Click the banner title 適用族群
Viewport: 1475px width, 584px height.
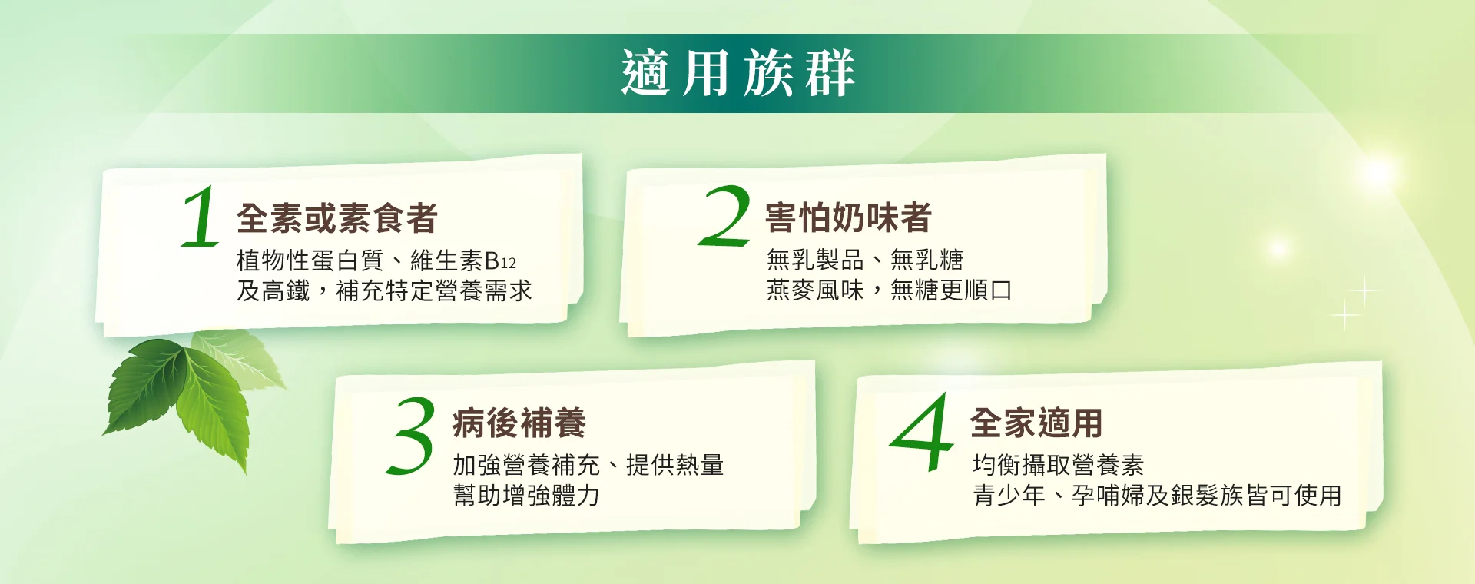[737, 74]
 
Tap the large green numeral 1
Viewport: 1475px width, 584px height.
[201, 217]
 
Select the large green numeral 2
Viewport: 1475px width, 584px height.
[724, 216]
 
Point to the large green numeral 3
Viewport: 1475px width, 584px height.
[411, 435]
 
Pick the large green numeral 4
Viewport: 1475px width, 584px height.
[922, 432]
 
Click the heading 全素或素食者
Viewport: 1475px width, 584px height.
[337, 218]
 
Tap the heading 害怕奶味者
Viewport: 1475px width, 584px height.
[848, 218]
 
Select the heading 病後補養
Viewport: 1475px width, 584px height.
[519, 423]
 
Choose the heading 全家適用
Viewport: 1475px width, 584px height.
[1036, 423]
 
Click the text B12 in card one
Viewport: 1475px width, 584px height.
[500, 261]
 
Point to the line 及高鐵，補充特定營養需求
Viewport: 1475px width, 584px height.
[384, 291]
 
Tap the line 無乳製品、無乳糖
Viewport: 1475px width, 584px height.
[865, 260]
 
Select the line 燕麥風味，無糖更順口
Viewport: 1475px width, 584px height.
[890, 290]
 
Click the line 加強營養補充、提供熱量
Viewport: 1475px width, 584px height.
[588, 465]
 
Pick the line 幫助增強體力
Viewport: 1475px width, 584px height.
[526, 496]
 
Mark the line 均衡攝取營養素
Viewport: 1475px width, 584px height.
[1059, 465]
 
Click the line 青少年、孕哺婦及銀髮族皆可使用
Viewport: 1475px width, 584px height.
[1157, 496]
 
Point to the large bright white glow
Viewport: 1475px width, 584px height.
[1377, 173]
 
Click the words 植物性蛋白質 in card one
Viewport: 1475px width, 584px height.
[310, 261]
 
